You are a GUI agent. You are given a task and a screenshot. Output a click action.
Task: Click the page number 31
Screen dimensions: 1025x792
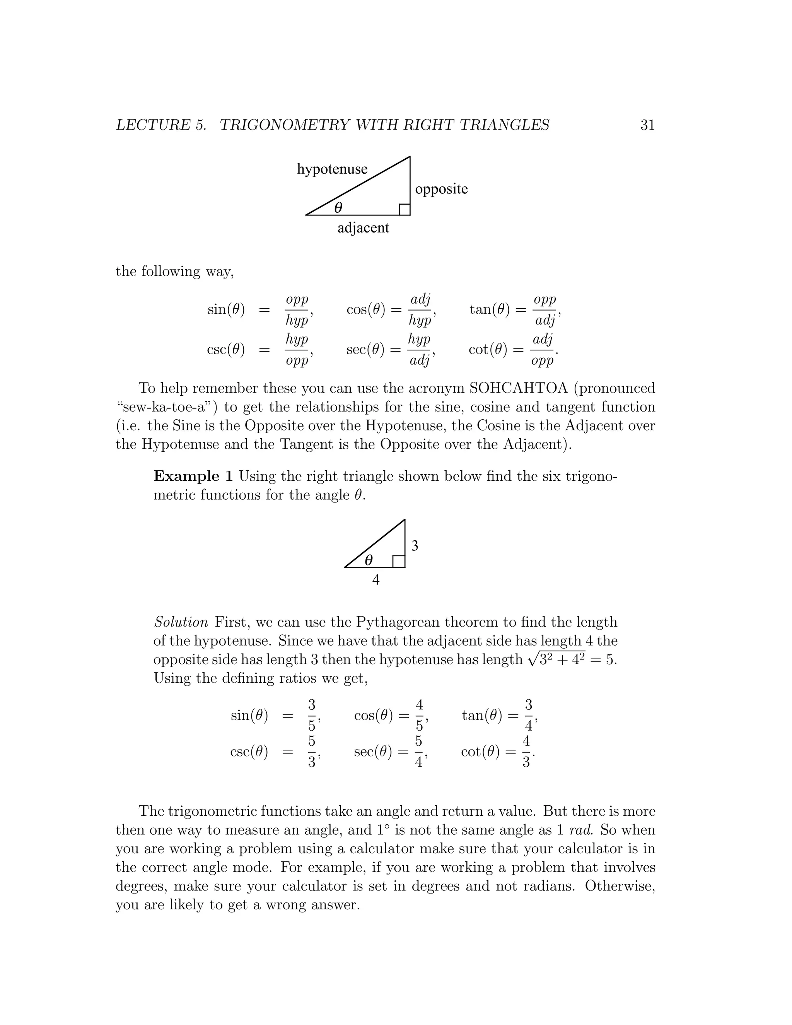click(x=647, y=125)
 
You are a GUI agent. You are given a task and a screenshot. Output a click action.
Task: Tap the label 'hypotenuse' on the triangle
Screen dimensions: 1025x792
click(x=332, y=169)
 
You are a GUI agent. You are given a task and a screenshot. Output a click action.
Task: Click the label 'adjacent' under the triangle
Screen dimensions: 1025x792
click(x=363, y=228)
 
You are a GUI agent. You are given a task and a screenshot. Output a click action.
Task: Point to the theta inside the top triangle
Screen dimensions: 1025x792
click(x=338, y=207)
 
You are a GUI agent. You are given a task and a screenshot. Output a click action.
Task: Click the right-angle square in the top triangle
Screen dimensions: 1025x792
click(x=405, y=209)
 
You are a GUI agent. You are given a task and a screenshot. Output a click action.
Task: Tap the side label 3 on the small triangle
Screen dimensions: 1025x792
click(x=415, y=545)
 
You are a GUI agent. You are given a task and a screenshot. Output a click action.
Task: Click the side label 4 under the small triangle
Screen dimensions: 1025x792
click(x=376, y=580)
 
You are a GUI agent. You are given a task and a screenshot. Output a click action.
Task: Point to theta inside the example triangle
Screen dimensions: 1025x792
click(x=369, y=560)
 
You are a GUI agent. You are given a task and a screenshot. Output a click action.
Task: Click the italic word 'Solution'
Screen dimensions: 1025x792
click(x=181, y=622)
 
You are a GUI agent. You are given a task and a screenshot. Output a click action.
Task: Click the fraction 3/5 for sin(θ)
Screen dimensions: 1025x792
click(x=312, y=715)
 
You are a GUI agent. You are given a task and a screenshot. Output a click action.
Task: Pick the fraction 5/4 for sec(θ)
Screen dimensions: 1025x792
click(x=418, y=752)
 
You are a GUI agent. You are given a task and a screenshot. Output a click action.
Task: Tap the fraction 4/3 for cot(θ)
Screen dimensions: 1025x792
click(x=526, y=752)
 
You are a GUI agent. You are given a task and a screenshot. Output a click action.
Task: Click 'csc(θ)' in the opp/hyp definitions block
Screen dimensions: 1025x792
click(x=226, y=350)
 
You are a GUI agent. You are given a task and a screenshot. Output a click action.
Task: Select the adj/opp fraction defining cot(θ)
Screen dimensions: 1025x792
click(x=543, y=350)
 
